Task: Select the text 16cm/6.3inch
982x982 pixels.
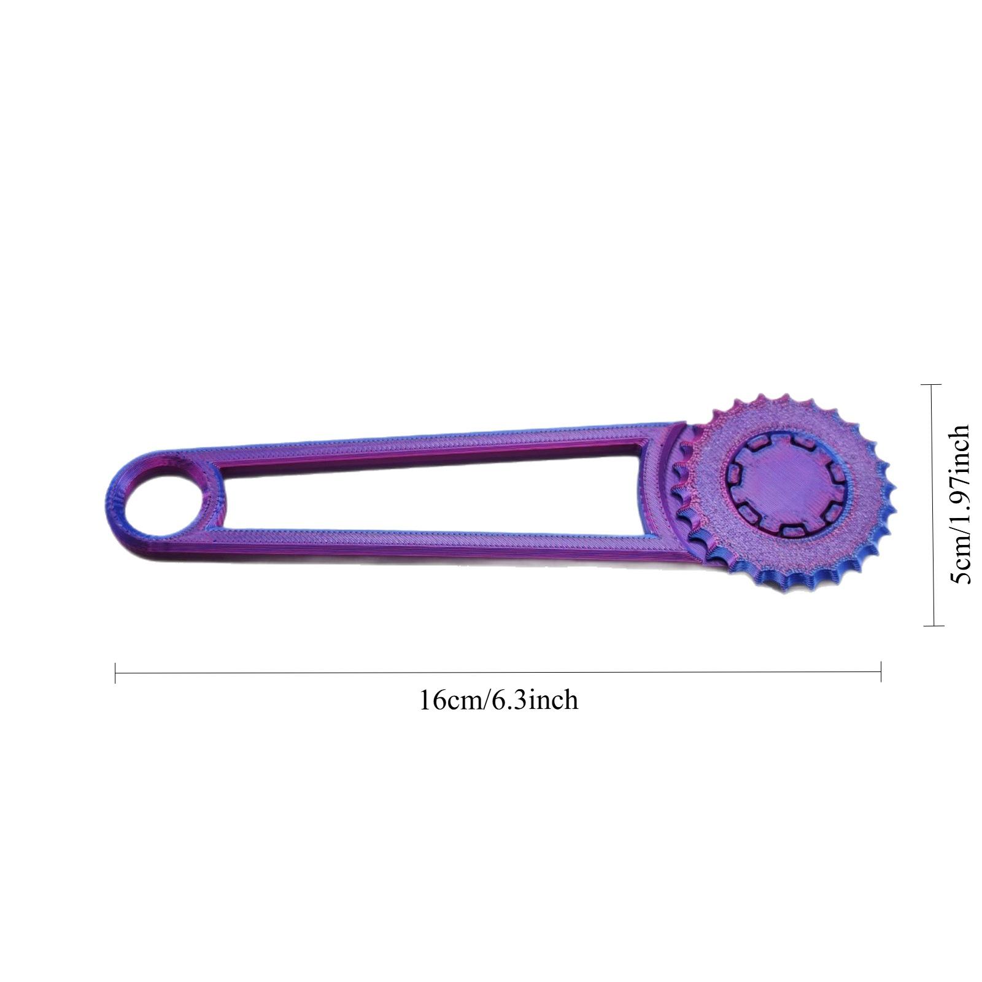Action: click(x=498, y=700)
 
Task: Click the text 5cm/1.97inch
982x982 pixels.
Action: click(x=959, y=505)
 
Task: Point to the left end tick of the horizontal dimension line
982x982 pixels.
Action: click(x=115, y=673)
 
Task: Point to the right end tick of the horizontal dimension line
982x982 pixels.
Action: click(x=881, y=672)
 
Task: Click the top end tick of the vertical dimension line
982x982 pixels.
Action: click(x=932, y=385)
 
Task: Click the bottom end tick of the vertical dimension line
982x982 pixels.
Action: click(x=934, y=625)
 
